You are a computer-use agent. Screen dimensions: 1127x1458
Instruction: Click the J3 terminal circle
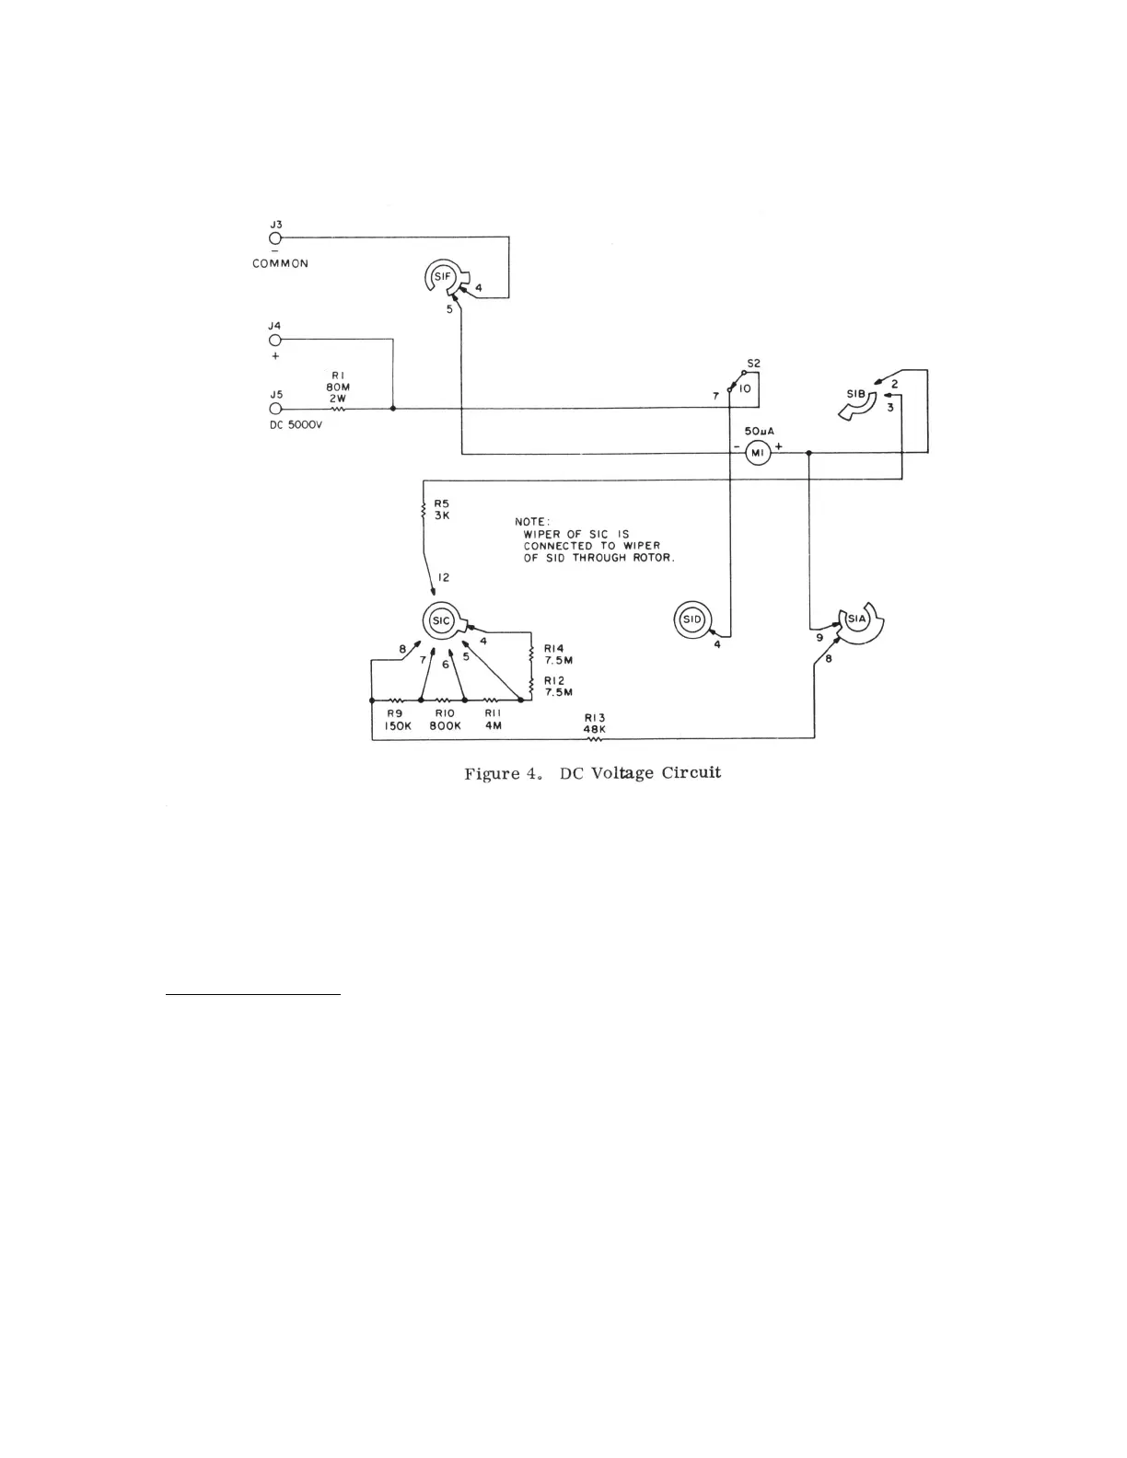(274, 237)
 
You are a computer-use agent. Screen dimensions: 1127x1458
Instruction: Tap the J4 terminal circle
(274, 339)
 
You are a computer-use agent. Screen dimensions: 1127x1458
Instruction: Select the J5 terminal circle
(274, 409)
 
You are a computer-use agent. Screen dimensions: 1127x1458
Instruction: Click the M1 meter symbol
(757, 453)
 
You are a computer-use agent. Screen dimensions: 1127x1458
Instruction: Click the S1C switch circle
(441, 620)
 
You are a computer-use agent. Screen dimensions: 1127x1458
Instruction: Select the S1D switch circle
(692, 619)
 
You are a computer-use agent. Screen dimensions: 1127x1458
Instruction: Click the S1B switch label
(855, 394)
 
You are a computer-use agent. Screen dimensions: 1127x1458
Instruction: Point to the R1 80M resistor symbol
(337, 409)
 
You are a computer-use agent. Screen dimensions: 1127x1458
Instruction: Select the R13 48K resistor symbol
(594, 737)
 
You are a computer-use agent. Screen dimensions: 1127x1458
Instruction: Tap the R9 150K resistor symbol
(397, 700)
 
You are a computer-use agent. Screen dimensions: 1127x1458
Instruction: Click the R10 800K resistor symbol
(443, 700)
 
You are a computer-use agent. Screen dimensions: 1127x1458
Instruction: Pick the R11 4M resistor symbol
(492, 700)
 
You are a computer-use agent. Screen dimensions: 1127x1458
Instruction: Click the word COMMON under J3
(281, 264)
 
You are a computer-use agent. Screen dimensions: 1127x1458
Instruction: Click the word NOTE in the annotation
(532, 522)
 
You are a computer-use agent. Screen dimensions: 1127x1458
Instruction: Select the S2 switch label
(753, 364)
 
